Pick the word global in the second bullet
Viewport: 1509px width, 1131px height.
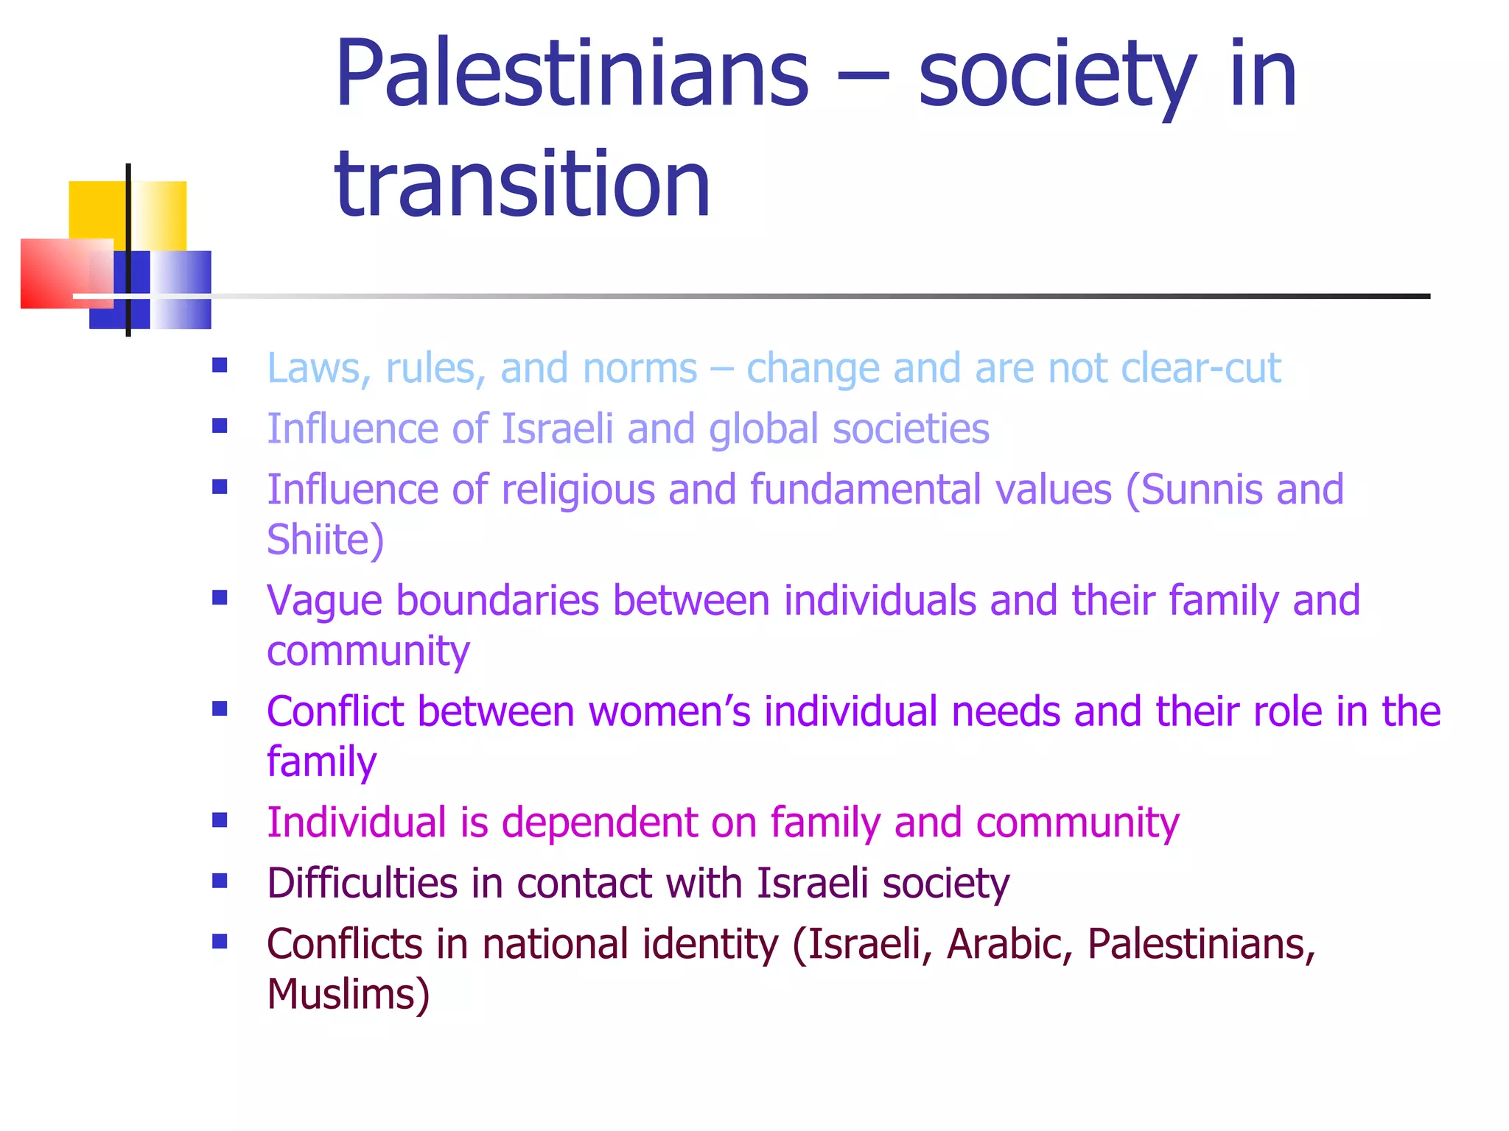(x=763, y=429)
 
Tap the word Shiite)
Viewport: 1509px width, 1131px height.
(x=325, y=540)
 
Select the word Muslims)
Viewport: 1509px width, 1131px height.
(x=348, y=994)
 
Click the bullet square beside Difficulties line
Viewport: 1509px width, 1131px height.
(x=220, y=881)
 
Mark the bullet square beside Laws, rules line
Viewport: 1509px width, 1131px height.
(x=220, y=365)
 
